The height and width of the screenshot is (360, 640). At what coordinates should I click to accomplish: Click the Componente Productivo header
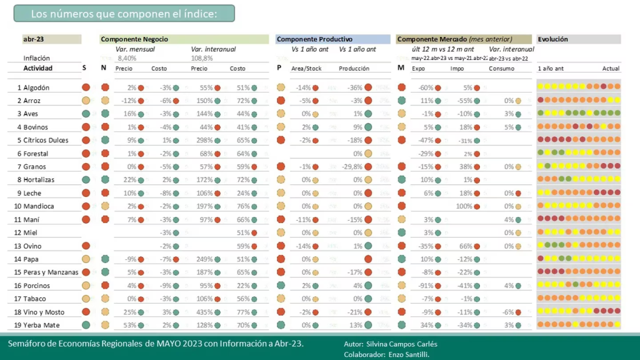tap(314, 39)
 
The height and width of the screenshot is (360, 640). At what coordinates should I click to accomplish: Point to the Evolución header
tap(552, 39)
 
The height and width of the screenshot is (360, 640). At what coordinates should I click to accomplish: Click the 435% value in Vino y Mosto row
tap(199, 312)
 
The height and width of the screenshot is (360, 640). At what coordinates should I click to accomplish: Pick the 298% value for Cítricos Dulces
tap(199, 140)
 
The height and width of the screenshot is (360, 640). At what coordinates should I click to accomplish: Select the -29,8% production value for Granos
tap(352, 167)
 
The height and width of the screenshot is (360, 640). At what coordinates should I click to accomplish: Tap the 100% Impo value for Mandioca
tap(463, 206)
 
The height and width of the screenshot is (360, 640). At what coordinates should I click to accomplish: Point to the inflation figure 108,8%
tap(201, 58)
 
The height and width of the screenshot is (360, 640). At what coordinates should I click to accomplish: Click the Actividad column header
tap(38, 68)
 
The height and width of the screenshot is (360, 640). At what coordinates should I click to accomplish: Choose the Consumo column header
tap(501, 69)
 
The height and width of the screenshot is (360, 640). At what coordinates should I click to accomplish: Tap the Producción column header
tap(354, 69)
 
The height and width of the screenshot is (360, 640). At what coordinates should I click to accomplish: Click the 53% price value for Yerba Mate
tap(130, 325)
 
